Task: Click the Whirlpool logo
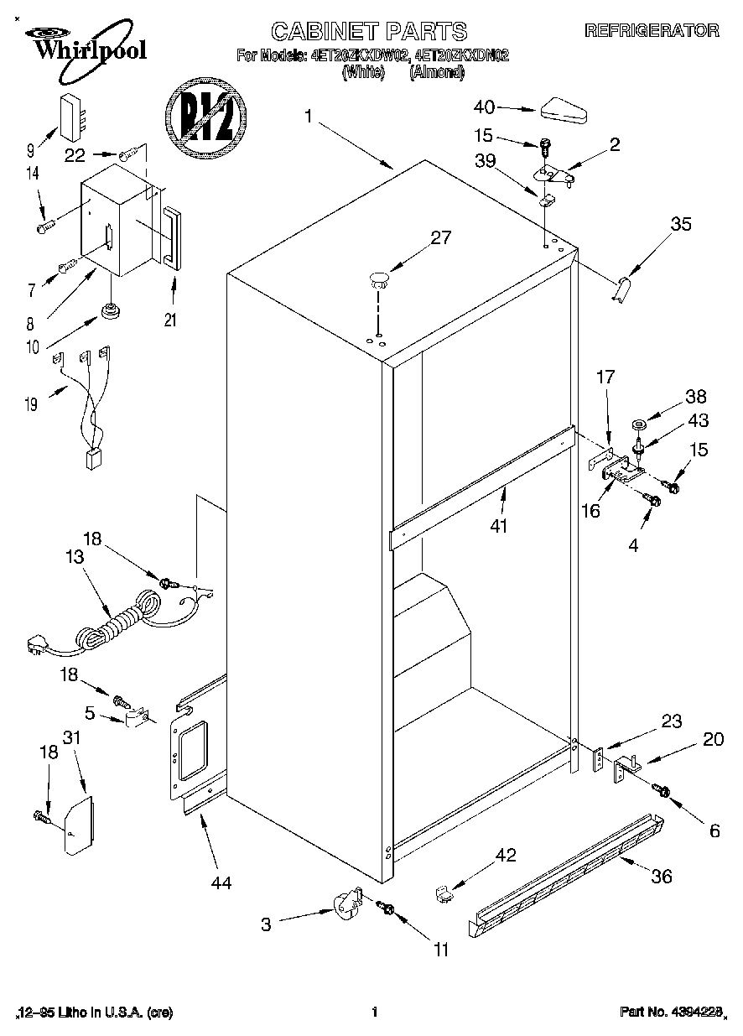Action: [x=84, y=44]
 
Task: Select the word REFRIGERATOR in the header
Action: [x=652, y=31]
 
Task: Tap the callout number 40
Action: [x=485, y=107]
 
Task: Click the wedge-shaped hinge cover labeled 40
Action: [x=567, y=110]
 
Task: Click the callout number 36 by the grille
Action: [x=662, y=876]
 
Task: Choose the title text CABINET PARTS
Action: [x=369, y=32]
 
